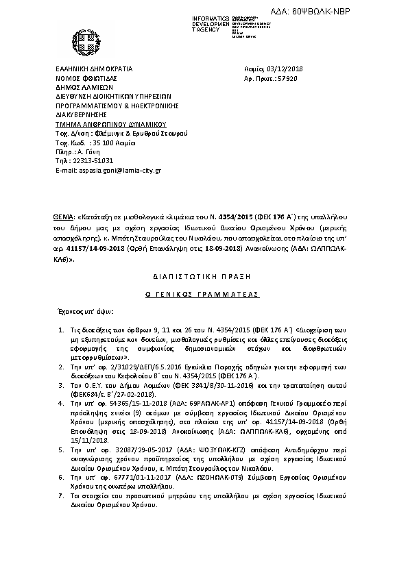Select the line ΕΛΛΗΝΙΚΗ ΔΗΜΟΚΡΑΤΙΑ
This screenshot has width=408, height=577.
(94, 69)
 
